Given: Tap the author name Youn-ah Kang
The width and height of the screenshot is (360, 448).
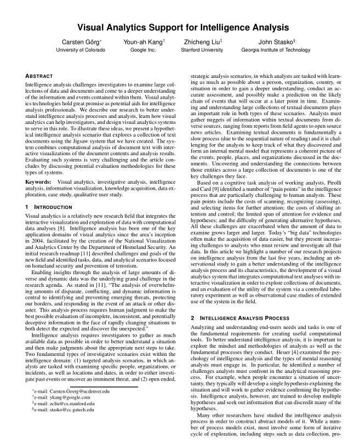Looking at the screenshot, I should pos(146,42).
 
